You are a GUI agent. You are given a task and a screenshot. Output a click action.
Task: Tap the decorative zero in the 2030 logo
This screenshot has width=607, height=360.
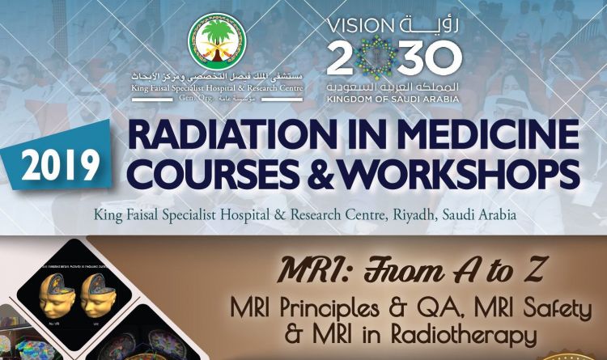point(394,59)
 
